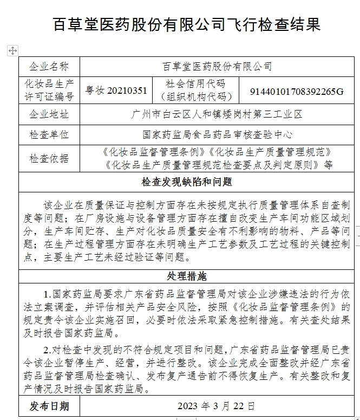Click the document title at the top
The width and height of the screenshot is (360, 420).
[x=187, y=24]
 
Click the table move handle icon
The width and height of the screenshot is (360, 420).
[x=12, y=50]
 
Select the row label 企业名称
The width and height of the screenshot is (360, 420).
[x=49, y=67]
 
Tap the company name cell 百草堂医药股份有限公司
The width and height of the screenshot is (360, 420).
[x=217, y=67]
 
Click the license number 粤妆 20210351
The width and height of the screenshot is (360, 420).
[x=116, y=91]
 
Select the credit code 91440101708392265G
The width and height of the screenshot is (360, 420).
[x=297, y=91]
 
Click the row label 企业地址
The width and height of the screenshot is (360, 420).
[x=49, y=114]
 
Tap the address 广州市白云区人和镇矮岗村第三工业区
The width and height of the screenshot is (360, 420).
[x=217, y=114]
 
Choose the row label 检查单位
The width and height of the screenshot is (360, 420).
[x=49, y=134]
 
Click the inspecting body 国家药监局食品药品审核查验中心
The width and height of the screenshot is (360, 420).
[x=217, y=134]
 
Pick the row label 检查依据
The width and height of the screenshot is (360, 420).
[x=49, y=158]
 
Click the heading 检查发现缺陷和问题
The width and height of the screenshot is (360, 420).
[x=187, y=182]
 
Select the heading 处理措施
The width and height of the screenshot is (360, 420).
[x=187, y=276]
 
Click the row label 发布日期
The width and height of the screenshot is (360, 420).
[x=49, y=406]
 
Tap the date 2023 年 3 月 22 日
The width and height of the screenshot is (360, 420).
[x=216, y=406]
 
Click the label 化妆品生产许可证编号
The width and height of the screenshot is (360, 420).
[x=49, y=90]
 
